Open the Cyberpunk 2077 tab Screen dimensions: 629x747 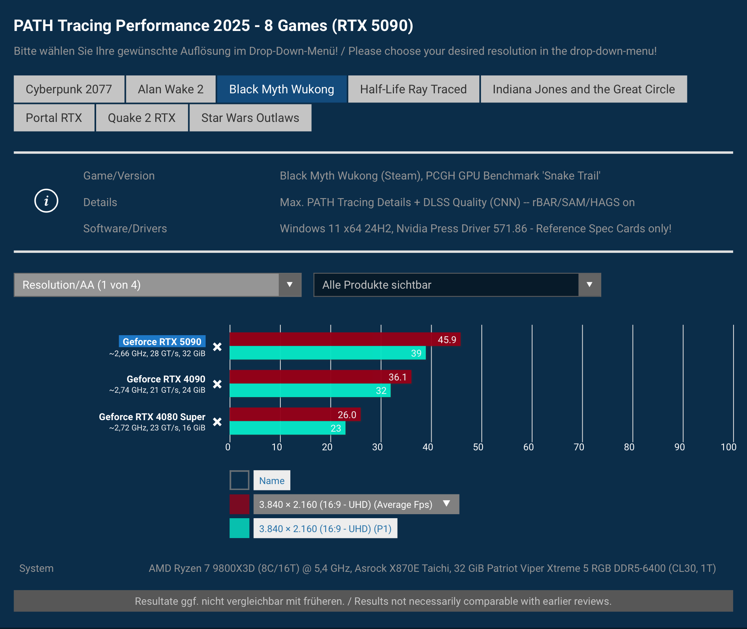[x=69, y=89]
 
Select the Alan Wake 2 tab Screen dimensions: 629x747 [x=170, y=89]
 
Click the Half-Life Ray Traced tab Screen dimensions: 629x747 [x=413, y=89]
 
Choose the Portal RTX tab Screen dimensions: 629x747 [x=54, y=118]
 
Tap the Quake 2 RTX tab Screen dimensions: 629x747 [x=141, y=118]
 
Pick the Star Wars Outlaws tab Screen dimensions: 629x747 [x=250, y=118]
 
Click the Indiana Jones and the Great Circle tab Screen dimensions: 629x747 [x=583, y=89]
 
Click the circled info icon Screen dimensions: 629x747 [x=46, y=201]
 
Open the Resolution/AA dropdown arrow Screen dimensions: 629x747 [x=290, y=285]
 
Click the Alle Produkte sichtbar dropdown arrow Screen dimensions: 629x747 [x=589, y=285]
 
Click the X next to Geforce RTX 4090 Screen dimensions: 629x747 [x=217, y=384]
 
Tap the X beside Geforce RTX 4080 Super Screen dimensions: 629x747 [x=217, y=422]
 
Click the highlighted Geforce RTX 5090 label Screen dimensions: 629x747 [x=162, y=342]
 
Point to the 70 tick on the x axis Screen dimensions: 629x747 [x=579, y=447]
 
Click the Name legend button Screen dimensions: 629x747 [x=272, y=480]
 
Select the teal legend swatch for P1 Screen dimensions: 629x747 [x=239, y=528]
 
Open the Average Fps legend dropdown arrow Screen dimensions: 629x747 [x=446, y=504]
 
